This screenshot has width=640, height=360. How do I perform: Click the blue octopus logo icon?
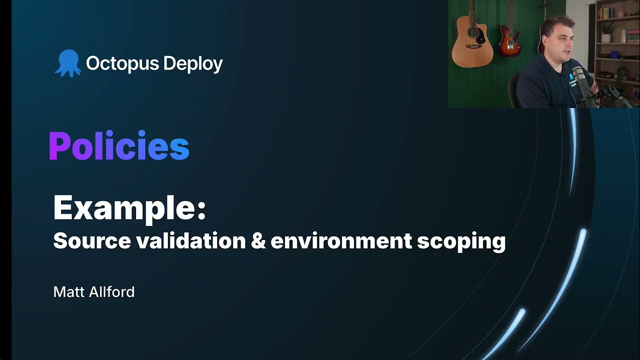point(67,63)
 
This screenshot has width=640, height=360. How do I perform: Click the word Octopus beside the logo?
point(115,63)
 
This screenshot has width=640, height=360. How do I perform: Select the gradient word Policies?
point(119,146)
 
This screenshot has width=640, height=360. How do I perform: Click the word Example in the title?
point(124,207)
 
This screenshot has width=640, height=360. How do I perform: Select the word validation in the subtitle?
point(191,241)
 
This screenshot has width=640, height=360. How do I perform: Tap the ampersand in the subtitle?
point(258,241)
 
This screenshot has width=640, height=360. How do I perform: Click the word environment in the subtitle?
point(341,241)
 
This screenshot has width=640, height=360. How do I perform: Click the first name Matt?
point(68,292)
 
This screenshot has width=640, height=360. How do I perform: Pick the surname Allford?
point(112,292)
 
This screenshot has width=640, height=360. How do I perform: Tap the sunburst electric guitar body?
point(509,42)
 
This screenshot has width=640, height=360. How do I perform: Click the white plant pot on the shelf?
point(605,38)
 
